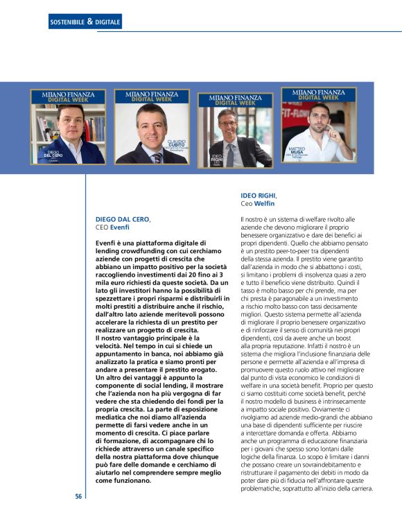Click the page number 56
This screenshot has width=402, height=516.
click(79, 497)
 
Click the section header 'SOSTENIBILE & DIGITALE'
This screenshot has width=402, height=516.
click(85, 22)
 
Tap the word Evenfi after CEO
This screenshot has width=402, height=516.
click(119, 227)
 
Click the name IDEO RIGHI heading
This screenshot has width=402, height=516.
click(258, 196)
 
